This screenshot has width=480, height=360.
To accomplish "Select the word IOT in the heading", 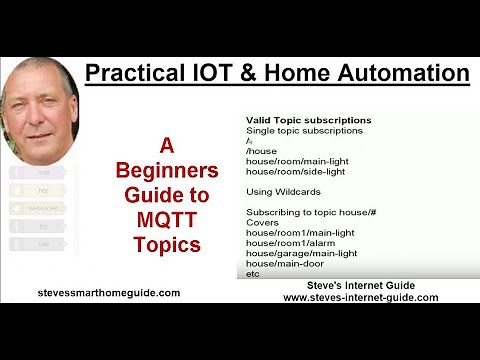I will tap(206, 73).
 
